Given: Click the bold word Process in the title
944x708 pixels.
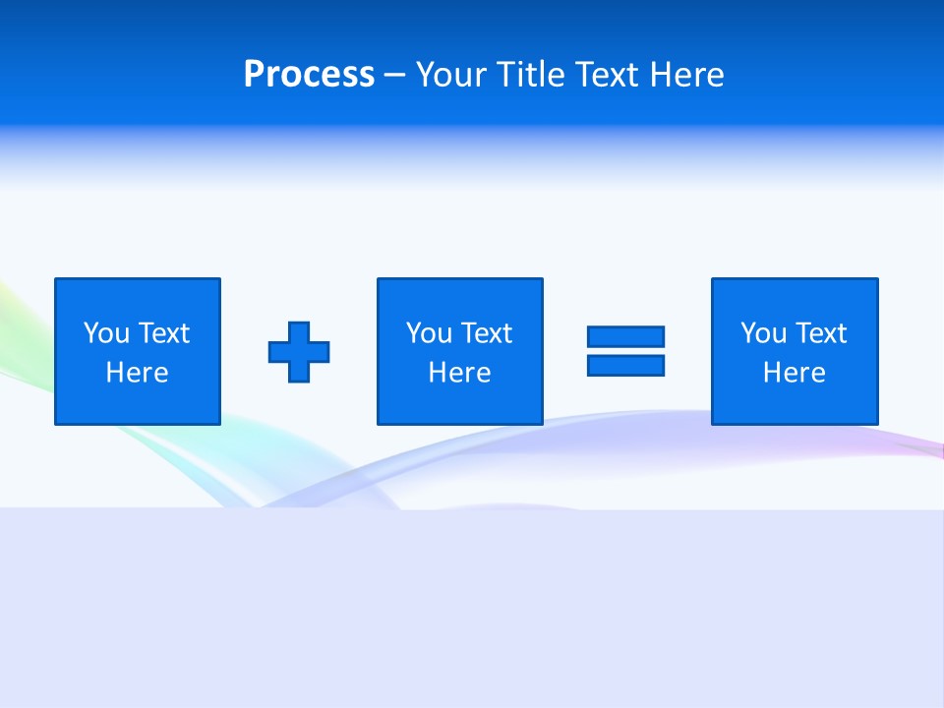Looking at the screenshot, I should (x=309, y=75).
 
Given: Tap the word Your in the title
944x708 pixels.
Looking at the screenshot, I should (x=452, y=75).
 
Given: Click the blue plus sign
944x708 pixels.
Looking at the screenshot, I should (x=299, y=351).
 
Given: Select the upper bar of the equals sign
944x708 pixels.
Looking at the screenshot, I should (x=625, y=336).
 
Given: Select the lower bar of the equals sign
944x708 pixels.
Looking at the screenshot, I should (x=625, y=365).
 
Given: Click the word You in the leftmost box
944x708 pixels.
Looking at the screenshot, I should (x=106, y=333).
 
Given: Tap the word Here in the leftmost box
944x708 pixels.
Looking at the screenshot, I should (x=138, y=373).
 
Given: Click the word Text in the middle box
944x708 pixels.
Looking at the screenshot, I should (x=487, y=333).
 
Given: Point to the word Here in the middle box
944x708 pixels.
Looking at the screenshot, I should (x=460, y=373).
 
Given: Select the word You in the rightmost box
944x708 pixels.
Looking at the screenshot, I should (x=763, y=333).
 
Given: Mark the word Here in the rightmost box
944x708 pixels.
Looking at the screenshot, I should (x=795, y=373).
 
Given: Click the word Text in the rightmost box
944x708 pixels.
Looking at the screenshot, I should (x=821, y=333).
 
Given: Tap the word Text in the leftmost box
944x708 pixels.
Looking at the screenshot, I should (x=164, y=333).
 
